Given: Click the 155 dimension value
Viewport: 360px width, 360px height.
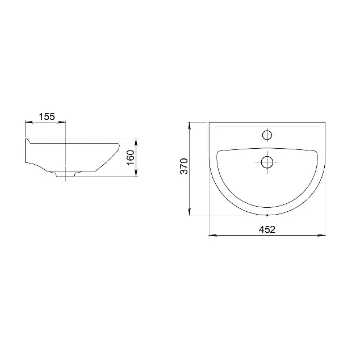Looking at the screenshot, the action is [x=47, y=116].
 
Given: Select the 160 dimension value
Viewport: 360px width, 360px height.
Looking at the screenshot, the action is [x=131, y=157].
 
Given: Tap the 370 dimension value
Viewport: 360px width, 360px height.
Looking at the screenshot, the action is [x=184, y=166].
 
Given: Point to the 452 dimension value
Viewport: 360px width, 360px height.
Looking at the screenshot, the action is [x=267, y=229].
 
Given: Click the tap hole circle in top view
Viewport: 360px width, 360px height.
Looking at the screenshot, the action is [x=267, y=135].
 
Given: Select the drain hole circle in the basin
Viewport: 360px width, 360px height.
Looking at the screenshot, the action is [x=267, y=162].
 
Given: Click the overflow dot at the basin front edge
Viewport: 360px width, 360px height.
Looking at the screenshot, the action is [x=267, y=215].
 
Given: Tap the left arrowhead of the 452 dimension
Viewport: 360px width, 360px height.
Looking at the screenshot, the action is [x=212, y=235].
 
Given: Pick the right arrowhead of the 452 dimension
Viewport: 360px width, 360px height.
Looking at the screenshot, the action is [x=321, y=235].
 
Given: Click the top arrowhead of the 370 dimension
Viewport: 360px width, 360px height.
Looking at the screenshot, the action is [x=190, y=126].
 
